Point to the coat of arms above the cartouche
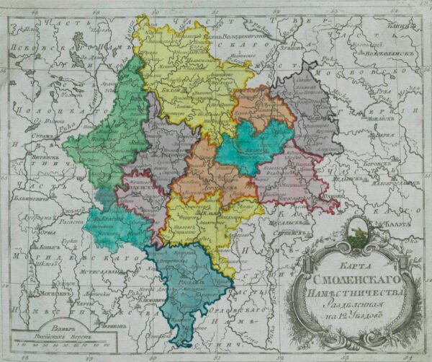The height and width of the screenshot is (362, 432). [356, 232]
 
